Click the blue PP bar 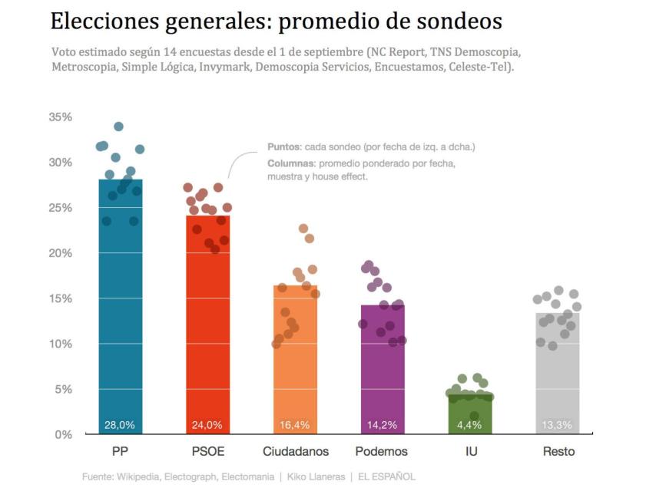[121, 322]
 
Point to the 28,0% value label [121, 425]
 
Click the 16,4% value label [296, 425]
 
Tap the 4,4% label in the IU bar [470, 425]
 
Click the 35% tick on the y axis [60, 117]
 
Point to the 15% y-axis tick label [60, 298]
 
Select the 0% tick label [63, 434]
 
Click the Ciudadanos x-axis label [296, 452]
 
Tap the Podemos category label [382, 452]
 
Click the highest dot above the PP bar [118, 127]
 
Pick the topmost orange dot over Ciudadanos [303, 229]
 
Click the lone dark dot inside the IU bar [475, 416]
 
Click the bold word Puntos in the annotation [283, 147]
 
